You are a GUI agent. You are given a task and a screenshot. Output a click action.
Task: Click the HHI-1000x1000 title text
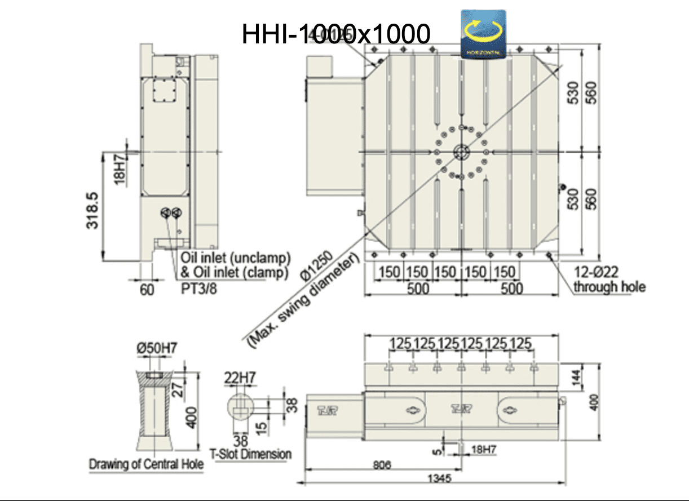coord(335,34)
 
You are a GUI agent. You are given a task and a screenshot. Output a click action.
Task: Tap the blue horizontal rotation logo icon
coord(483,34)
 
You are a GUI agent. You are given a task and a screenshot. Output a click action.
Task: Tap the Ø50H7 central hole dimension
coord(156,348)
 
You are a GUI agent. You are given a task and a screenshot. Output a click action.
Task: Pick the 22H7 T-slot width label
coord(240,376)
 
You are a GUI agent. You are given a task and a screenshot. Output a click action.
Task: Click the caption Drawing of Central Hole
coord(146,465)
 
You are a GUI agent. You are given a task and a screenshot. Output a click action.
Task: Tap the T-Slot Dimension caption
coord(251,454)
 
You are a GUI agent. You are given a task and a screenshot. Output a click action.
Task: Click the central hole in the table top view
coord(461,152)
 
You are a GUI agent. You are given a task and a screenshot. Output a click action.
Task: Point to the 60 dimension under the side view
coord(146,290)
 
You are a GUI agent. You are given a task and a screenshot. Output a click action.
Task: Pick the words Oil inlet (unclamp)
coord(236,258)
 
